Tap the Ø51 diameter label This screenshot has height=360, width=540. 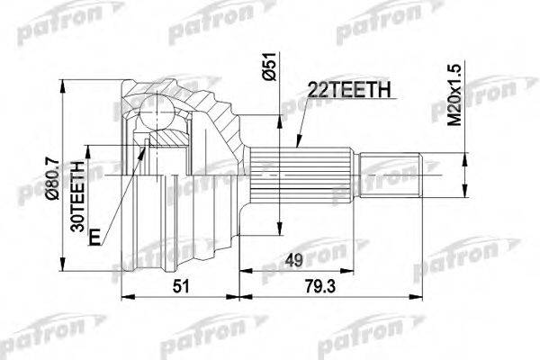(269, 66)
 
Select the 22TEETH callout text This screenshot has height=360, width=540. (349, 90)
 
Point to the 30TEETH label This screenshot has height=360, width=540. (77, 196)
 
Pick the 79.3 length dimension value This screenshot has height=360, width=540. (320, 286)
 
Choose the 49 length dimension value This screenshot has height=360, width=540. (293, 260)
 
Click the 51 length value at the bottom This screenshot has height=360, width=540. (181, 286)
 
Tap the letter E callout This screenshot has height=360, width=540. (94, 237)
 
